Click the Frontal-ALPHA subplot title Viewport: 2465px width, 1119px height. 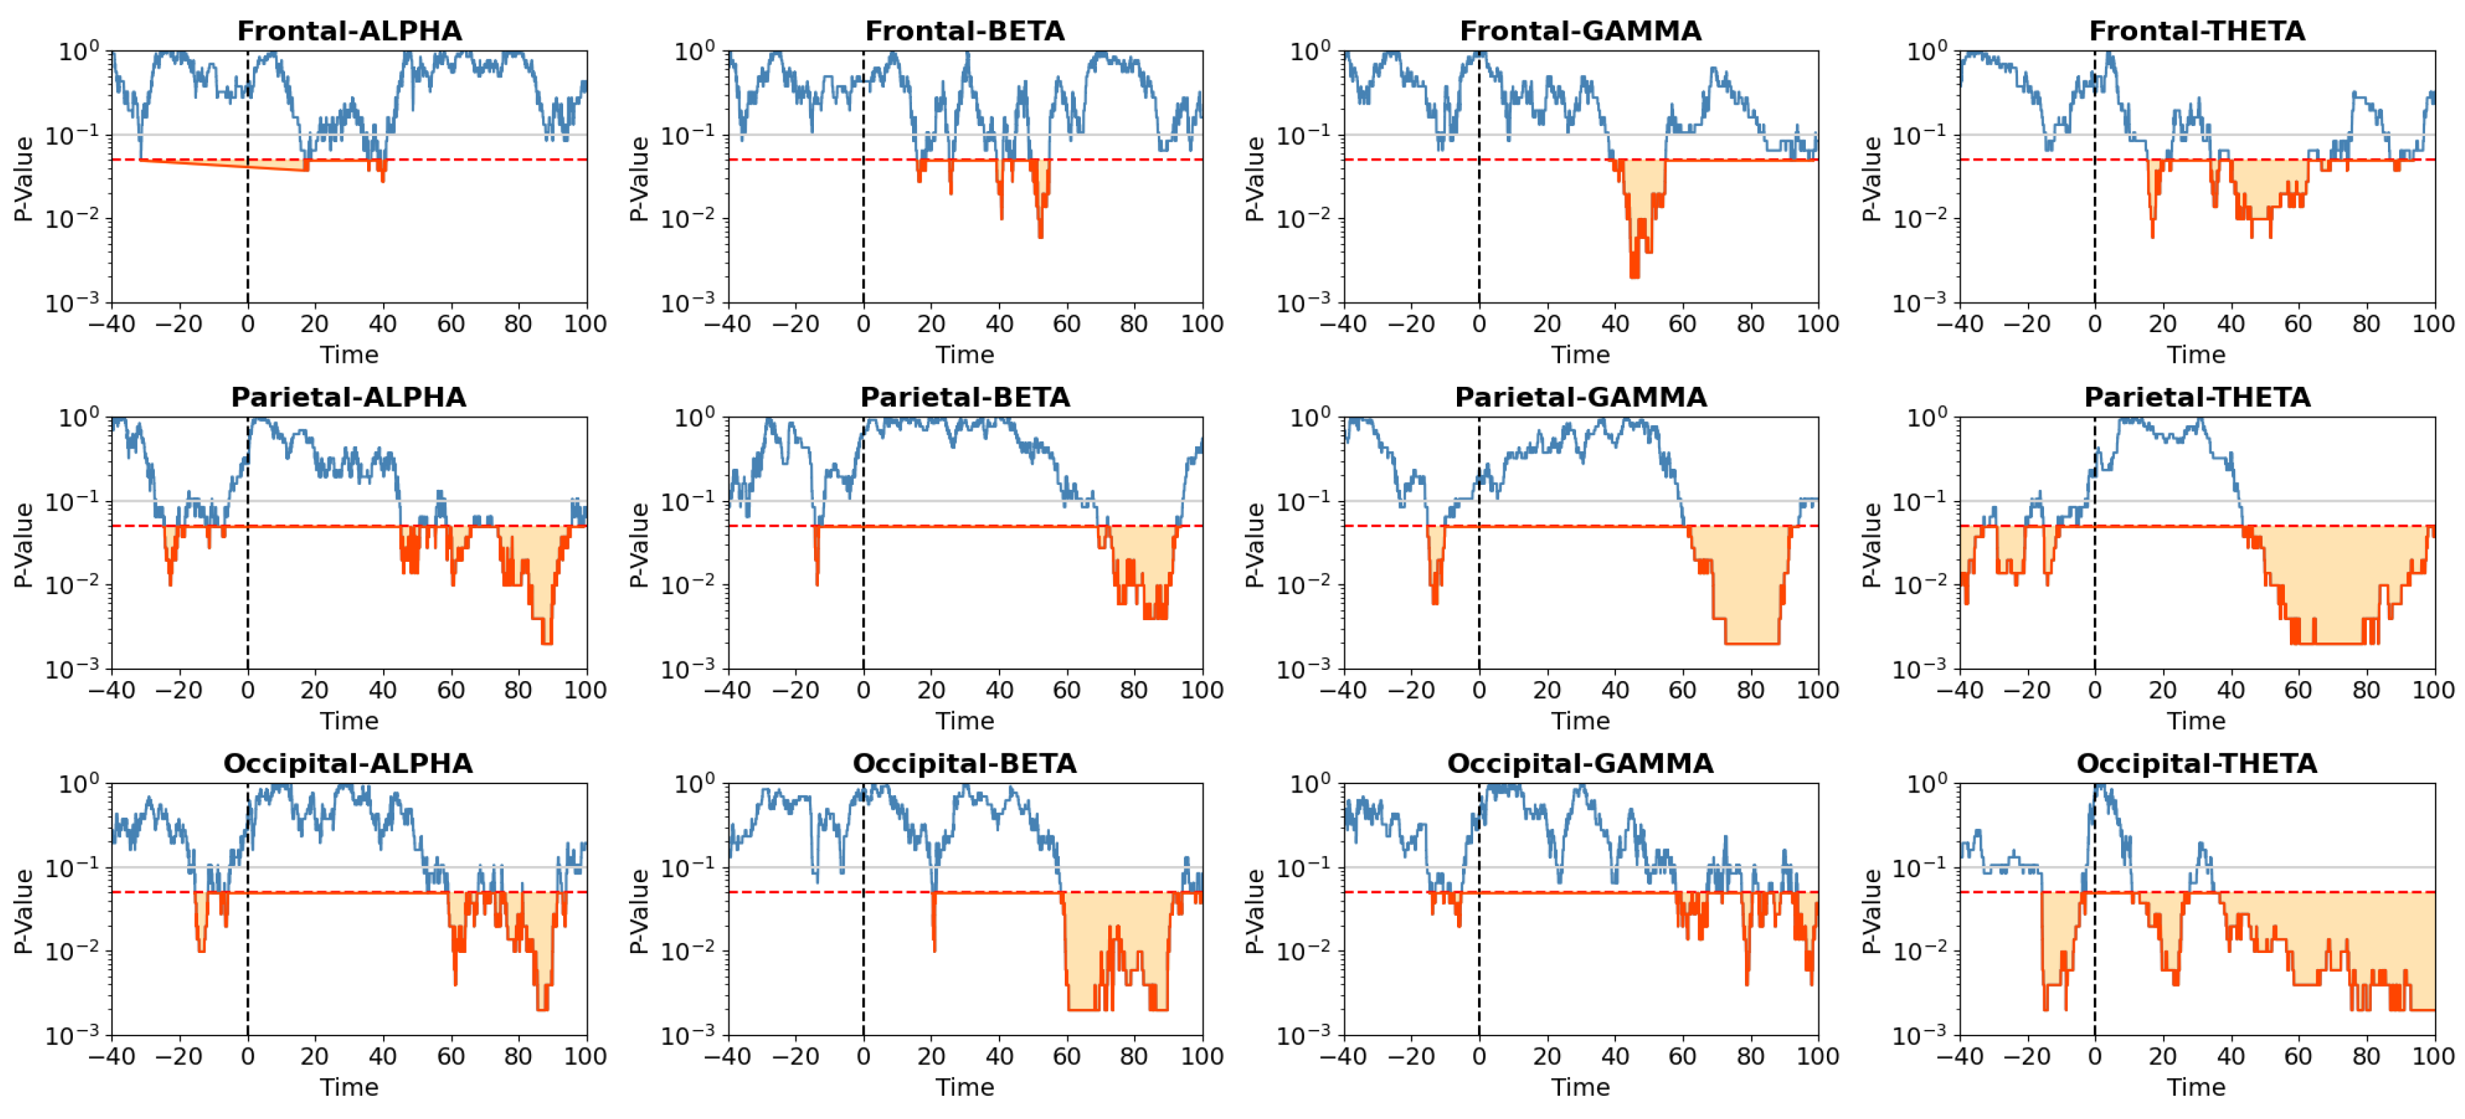click(350, 31)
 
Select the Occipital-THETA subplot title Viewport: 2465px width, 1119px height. click(2196, 763)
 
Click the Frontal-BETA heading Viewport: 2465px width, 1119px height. click(965, 31)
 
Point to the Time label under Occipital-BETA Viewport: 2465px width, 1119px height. click(965, 1087)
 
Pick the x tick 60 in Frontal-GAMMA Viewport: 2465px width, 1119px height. click(1683, 324)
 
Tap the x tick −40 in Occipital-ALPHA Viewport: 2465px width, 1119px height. click(112, 1056)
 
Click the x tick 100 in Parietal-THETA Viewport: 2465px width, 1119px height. click(2433, 689)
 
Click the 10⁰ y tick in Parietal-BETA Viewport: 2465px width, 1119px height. click(693, 418)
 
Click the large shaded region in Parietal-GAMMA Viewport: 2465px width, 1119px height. click(1746, 593)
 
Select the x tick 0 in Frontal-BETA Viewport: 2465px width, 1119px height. click(863, 324)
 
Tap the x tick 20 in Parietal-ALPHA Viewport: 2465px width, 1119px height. click(315, 689)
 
